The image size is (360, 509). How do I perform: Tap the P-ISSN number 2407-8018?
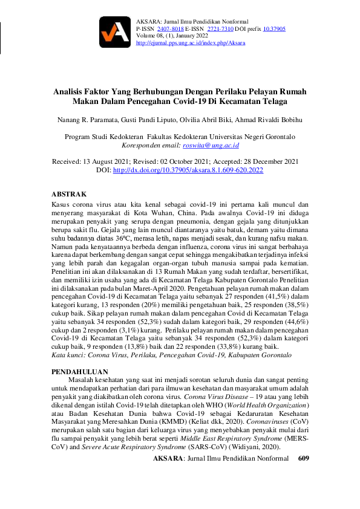(169, 28)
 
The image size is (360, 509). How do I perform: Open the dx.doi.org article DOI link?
(188, 170)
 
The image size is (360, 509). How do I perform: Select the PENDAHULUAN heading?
(80, 371)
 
